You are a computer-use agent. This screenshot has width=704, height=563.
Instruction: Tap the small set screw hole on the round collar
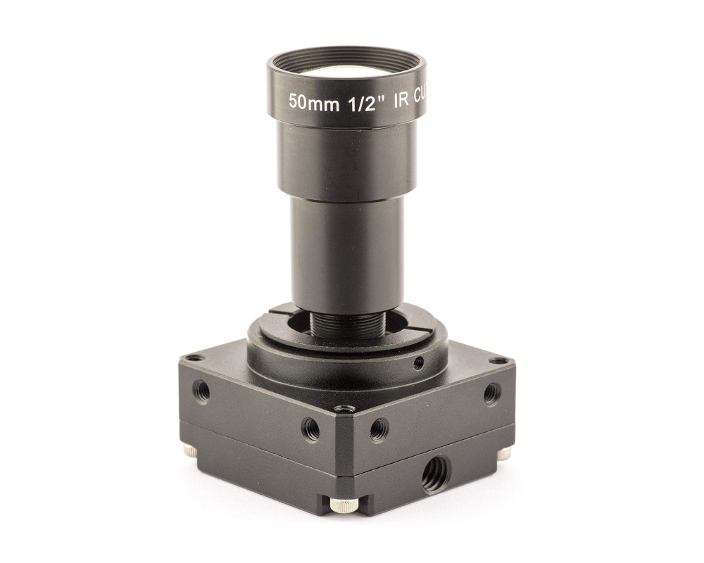click(x=418, y=363)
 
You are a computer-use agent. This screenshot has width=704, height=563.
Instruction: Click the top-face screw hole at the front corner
click(x=344, y=408)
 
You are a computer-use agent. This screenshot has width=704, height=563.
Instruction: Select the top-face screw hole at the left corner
click(x=195, y=358)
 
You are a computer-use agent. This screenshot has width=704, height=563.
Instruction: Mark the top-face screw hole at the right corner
click(x=501, y=360)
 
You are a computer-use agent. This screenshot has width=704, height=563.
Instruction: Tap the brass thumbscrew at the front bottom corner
click(x=344, y=505)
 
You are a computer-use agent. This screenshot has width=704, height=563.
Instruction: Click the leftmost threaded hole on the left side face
click(x=201, y=391)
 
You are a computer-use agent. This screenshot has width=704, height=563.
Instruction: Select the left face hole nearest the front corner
click(x=310, y=428)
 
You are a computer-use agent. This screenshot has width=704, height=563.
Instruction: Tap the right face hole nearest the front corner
click(x=379, y=428)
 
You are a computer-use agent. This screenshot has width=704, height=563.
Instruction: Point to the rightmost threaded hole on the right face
click(x=492, y=393)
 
